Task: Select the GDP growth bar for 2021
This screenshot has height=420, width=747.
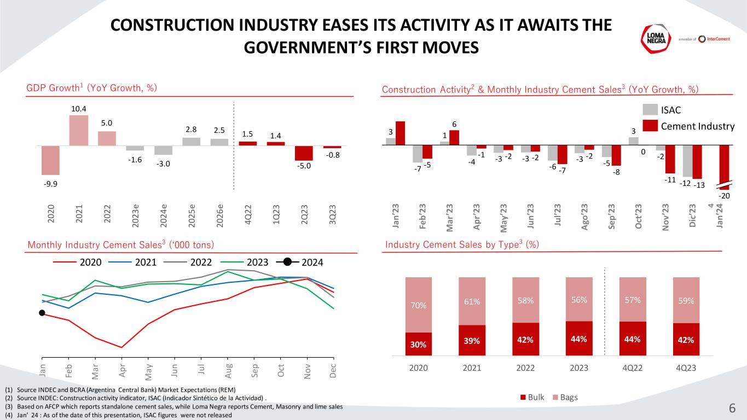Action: (x=79, y=130)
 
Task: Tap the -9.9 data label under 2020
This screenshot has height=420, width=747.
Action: (x=50, y=183)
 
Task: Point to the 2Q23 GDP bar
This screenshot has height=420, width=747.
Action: (x=304, y=153)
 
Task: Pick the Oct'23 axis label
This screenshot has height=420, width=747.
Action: (x=640, y=217)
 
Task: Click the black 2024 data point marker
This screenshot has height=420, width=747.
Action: (x=42, y=313)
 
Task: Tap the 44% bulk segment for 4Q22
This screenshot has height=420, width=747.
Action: (x=632, y=339)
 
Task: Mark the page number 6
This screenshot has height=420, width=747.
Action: (x=732, y=408)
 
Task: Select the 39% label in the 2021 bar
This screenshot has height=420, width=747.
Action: (x=472, y=340)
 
